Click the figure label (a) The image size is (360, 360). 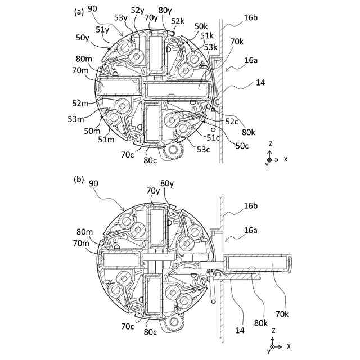click(78, 11)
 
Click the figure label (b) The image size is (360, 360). click(78, 179)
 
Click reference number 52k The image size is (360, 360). click(178, 21)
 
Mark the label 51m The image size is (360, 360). click(107, 139)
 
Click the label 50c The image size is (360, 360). click(242, 145)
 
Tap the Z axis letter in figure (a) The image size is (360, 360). click(271, 144)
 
